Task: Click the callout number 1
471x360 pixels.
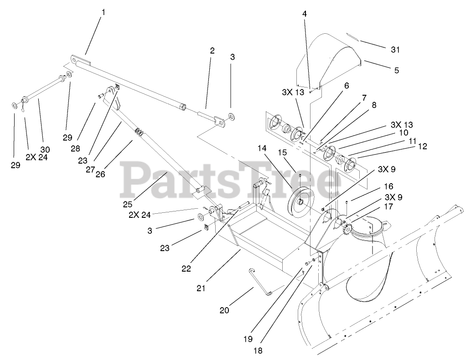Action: point(103,12)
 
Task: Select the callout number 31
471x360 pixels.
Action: point(395,49)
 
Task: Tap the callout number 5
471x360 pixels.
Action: point(396,70)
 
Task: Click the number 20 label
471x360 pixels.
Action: point(224,311)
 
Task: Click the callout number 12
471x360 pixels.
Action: point(423,146)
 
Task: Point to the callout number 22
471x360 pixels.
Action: point(186,268)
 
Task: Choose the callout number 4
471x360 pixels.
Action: point(305,14)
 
